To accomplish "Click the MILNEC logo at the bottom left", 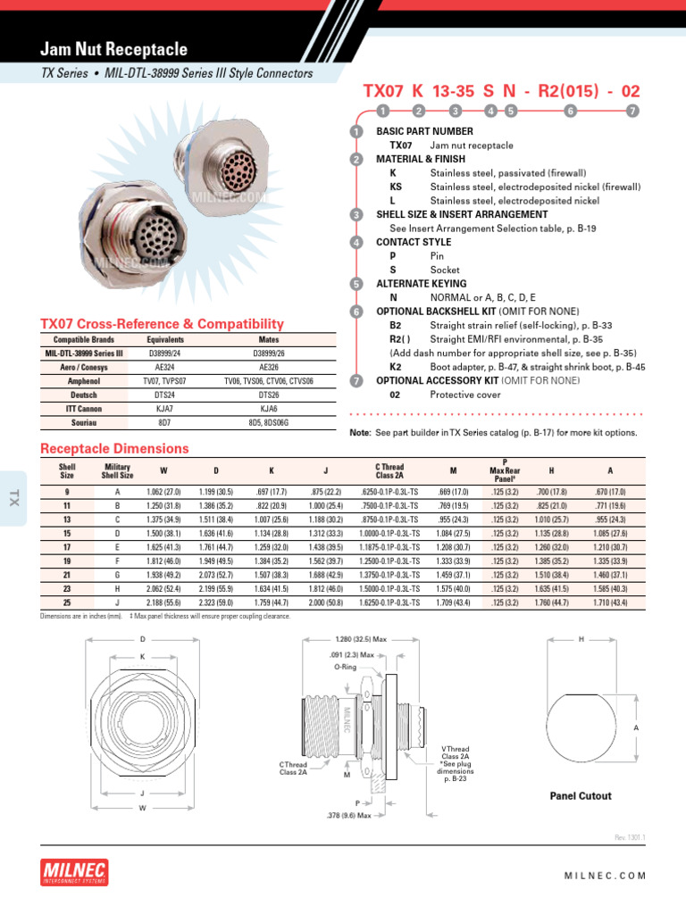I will tap(75, 871).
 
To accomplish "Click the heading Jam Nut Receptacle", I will tap(114, 50).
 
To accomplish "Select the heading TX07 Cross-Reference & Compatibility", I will tap(163, 324).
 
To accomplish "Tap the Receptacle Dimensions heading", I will tap(115, 448).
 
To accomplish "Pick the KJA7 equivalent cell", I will tap(164, 409).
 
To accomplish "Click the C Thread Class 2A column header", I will tap(389, 470).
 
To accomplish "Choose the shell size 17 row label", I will tap(67, 547).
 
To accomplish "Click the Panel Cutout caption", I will tap(581, 795).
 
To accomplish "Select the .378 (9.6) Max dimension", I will tap(350, 815).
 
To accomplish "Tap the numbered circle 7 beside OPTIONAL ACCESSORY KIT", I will tap(356, 380).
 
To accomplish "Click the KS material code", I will tap(396, 187).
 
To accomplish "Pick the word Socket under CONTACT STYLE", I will tap(445, 270).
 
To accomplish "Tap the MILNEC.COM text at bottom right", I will tap(605, 876).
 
